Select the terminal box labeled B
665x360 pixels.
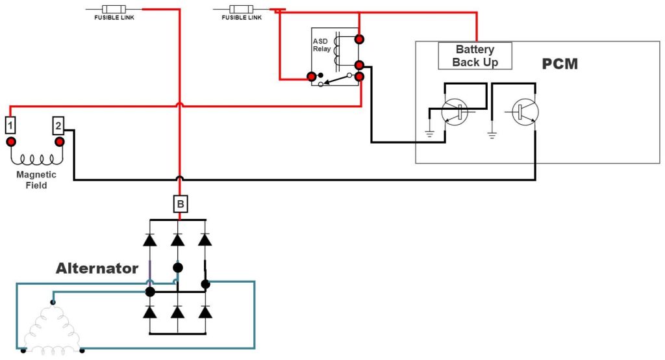pos(181,205)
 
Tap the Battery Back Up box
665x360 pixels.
pos(475,56)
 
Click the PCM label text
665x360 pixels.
pos(560,64)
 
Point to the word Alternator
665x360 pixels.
pos(97,268)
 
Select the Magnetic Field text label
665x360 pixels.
pos(36,180)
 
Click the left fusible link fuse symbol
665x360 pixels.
pos(114,10)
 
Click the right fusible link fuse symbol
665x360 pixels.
pos(242,10)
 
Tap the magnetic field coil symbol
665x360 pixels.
pos(36,159)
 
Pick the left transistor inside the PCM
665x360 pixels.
pos(454,112)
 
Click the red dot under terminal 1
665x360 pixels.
pos(11,142)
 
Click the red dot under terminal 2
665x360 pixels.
pos(59,142)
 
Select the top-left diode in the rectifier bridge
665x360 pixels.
pos(150,240)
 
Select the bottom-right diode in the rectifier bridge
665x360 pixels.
pos(205,312)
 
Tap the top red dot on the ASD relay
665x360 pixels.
pos(358,38)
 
